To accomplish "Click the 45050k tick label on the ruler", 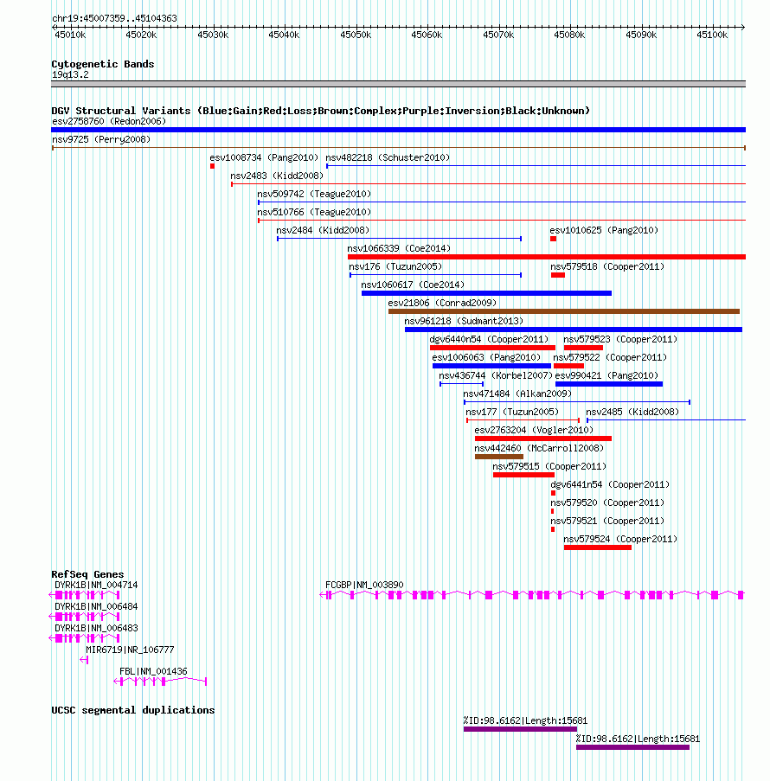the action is coord(356,35).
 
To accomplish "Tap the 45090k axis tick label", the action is coord(641,35).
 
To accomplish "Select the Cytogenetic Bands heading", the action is coord(103,64).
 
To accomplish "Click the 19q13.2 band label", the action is coord(70,74).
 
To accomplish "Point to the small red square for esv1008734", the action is coord(212,166).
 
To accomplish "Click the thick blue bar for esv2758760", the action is coord(398,130).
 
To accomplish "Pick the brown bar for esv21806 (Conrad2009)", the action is coord(564,311).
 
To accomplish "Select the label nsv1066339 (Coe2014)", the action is coord(399,248).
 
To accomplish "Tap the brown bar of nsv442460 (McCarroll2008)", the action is coord(499,457).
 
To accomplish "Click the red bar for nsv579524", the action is coord(598,547).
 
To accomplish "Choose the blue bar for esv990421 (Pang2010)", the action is coord(609,384).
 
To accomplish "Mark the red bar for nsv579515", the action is coord(523,475).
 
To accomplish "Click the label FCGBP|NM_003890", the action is coord(364,585).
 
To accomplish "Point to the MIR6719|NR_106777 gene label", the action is coord(130,650).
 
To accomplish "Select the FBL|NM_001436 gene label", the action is coord(153,671).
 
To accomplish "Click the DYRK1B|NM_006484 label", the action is coord(96,606).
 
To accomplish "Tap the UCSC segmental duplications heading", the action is coord(133,710).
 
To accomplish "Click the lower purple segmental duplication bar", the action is coord(633,747).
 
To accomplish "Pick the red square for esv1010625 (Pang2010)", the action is coord(553,239).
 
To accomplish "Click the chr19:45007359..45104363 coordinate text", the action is coord(114,18).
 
